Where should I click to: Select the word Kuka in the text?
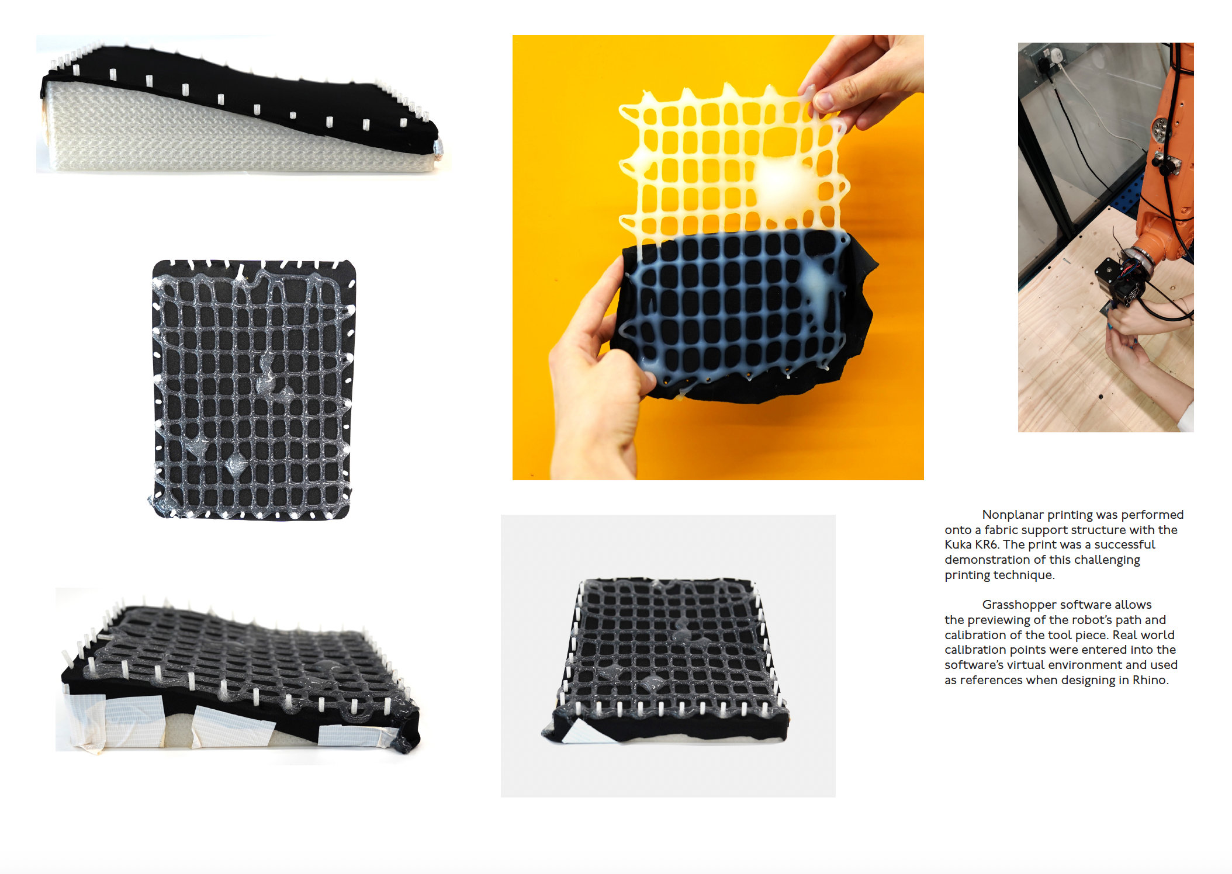click(957, 544)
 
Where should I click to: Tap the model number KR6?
click(986, 544)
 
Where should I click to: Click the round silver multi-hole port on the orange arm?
click(1160, 130)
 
